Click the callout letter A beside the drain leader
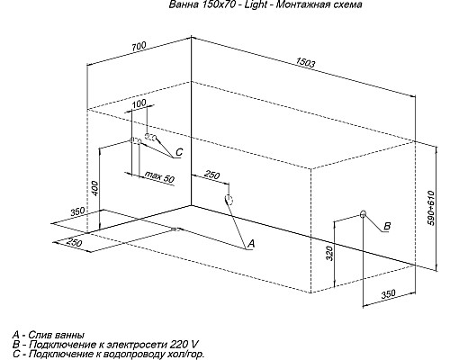click(x=251, y=244)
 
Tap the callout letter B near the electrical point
click(x=387, y=225)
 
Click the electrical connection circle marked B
click(x=363, y=215)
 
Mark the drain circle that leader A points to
click(x=228, y=201)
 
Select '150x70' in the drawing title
click(x=213, y=5)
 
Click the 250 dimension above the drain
click(x=211, y=174)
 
